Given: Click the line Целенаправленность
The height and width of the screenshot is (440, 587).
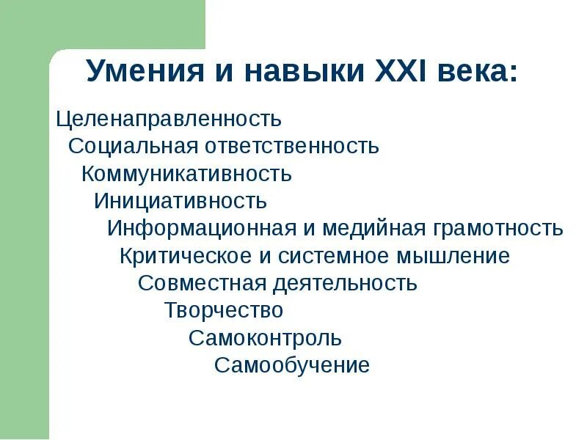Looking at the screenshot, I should [169, 119].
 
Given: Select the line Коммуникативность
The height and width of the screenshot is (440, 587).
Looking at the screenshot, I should [186, 175].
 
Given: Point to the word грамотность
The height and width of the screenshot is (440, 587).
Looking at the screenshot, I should [498, 229].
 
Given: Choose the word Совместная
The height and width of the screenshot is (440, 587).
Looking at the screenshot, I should [203, 283].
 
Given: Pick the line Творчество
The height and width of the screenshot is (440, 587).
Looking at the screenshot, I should [224, 310].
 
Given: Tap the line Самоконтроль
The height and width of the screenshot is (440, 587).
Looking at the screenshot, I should [265, 338].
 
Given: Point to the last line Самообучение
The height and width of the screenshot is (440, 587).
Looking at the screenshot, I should [292, 365].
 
